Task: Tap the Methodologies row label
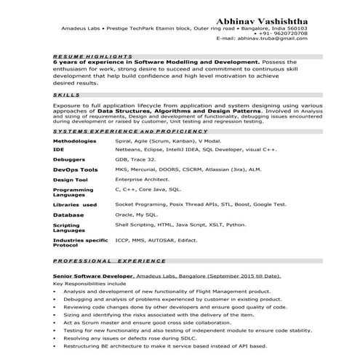(x=74, y=140)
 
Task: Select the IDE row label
(x=57, y=148)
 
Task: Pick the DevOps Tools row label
(x=75, y=168)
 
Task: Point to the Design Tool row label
(x=71, y=179)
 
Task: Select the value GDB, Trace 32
(x=135, y=158)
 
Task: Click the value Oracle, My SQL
(x=136, y=215)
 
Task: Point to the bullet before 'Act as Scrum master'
(x=57, y=322)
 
